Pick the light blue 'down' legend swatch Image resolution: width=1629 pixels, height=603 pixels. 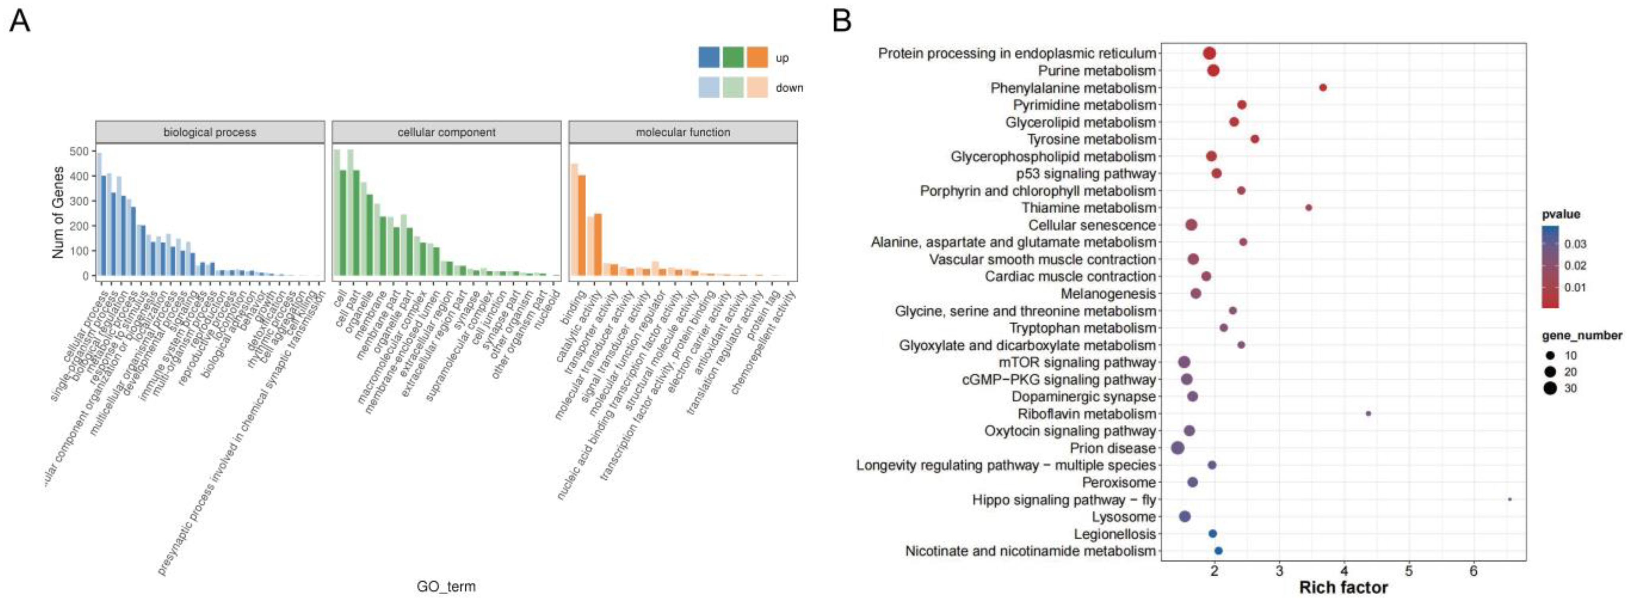pyautogui.click(x=709, y=88)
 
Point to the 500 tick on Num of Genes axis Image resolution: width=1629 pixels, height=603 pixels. pyautogui.click(x=79, y=151)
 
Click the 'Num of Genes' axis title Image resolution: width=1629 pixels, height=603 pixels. pyautogui.click(x=58, y=212)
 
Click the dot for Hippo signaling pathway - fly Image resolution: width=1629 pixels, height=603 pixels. pyautogui.click(x=1509, y=499)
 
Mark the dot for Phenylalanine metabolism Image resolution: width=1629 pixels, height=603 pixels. pyautogui.click(x=1323, y=88)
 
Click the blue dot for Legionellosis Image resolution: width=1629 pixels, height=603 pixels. pyautogui.click(x=1212, y=533)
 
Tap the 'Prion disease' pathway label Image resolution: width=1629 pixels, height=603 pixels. pyautogui.click(x=1113, y=448)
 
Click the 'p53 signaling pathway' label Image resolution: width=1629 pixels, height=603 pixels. pyautogui.click(x=1086, y=173)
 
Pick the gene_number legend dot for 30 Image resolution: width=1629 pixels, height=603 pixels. pyautogui.click(x=1550, y=388)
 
